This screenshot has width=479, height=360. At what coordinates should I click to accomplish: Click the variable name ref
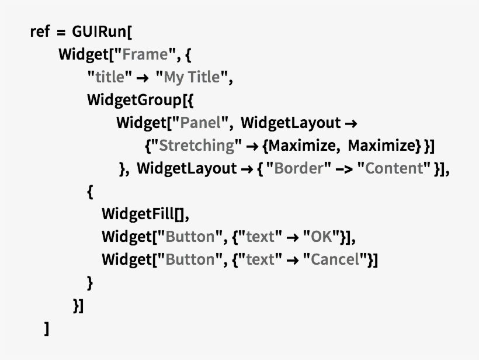point(40,32)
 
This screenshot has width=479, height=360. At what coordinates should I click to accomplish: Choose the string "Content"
point(394,168)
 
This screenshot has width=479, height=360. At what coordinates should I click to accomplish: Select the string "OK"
point(321,237)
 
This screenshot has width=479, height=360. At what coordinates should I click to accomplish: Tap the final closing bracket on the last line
point(46,328)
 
